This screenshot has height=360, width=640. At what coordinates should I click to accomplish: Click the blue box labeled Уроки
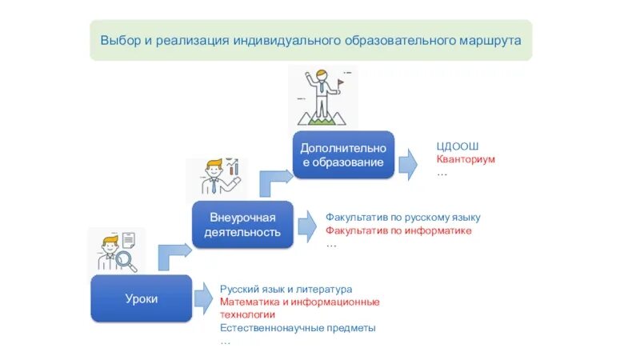(141, 299)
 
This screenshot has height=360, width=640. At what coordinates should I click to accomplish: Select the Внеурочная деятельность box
(242, 225)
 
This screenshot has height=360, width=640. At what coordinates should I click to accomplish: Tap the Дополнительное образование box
(343, 155)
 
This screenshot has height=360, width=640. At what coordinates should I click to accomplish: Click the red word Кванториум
(466, 159)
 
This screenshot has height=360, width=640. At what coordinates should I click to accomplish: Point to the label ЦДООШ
(457, 146)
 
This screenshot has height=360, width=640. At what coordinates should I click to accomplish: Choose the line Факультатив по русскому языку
(402, 218)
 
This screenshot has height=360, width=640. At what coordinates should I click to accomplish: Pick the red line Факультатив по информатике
(398, 230)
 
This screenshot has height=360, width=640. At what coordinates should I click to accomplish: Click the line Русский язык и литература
(286, 289)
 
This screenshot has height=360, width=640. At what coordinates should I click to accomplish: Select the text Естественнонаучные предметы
(298, 328)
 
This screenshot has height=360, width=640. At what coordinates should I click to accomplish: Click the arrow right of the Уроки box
(203, 298)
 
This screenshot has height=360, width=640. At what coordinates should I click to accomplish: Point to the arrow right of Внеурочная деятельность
(307, 226)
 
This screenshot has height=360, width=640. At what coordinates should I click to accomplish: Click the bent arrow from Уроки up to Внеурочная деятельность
(173, 255)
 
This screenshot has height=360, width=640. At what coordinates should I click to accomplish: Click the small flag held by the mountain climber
(340, 81)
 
